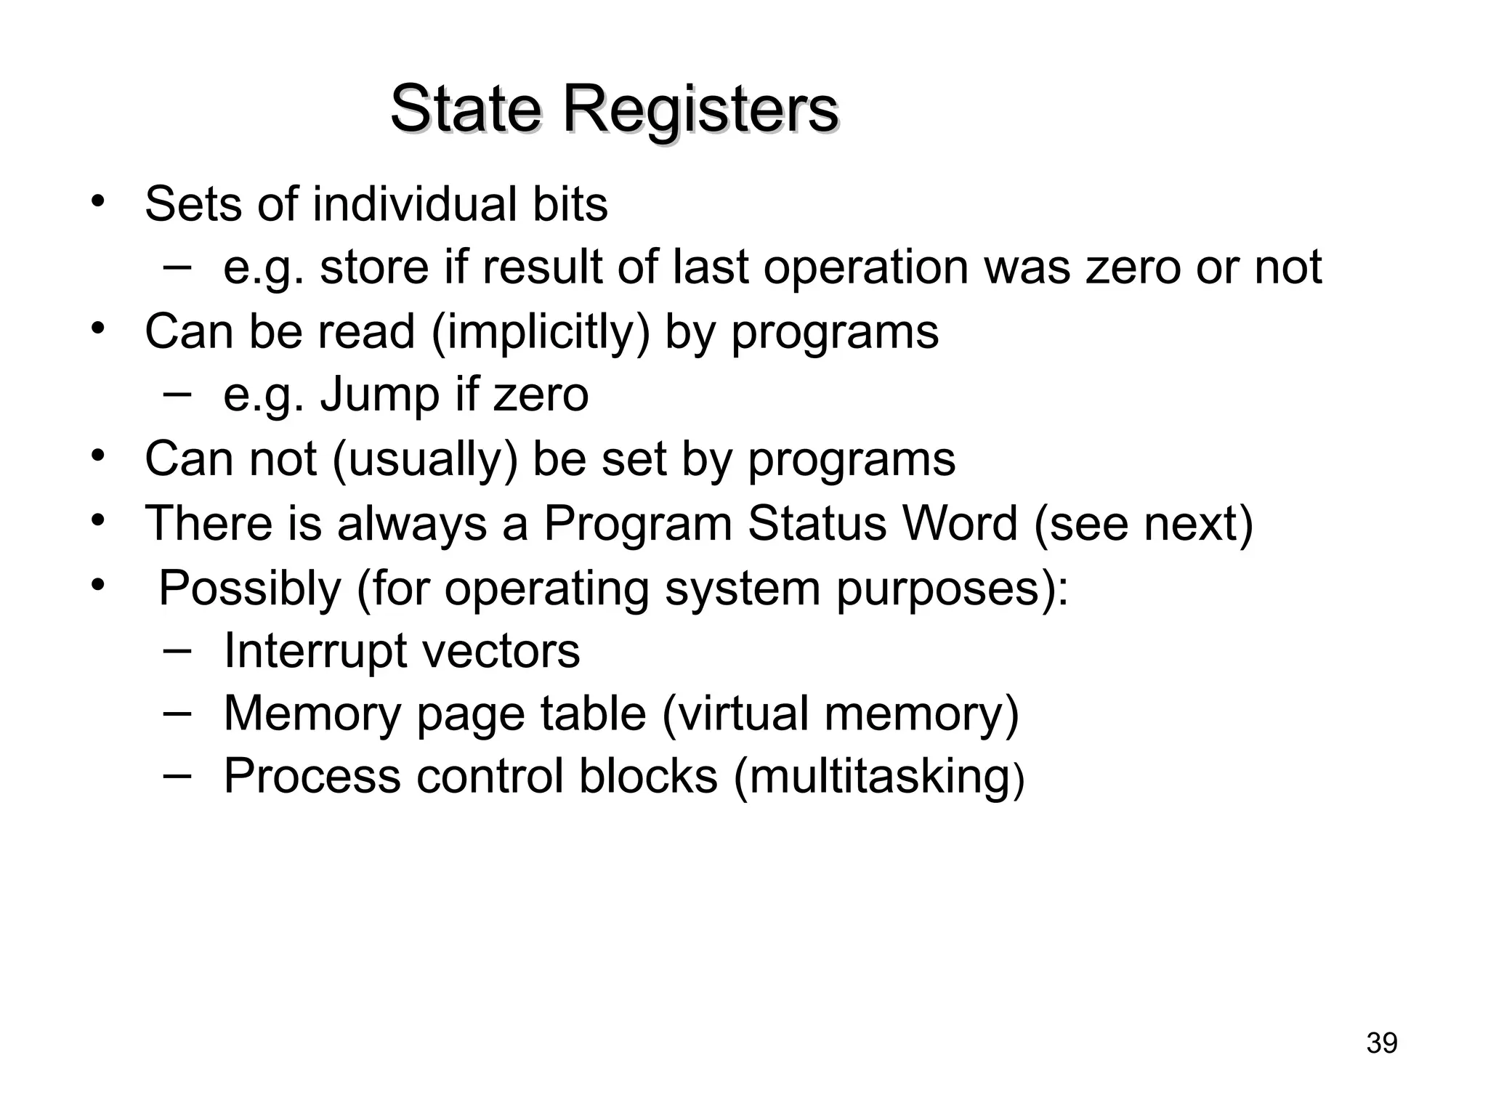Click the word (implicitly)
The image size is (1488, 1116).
(x=541, y=333)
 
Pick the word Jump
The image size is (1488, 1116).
(x=380, y=395)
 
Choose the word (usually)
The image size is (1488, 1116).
(x=425, y=460)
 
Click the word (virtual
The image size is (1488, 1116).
(x=735, y=713)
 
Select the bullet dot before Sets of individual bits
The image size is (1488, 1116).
(x=97, y=201)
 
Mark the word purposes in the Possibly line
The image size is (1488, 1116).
(x=952, y=589)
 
